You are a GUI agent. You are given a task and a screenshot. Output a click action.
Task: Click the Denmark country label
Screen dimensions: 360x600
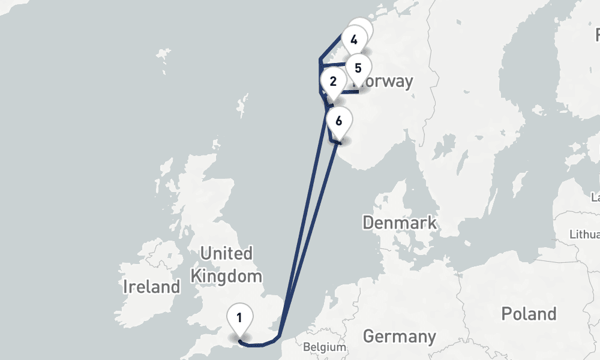point(400,223)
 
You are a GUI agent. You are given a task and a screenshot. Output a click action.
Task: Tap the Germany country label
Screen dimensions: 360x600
point(399,336)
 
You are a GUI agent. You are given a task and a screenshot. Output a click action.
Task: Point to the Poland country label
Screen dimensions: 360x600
point(529,313)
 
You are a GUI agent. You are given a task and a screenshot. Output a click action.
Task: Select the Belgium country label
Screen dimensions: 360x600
point(325,347)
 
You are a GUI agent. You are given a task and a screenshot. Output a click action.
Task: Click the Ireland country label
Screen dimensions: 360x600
point(151,287)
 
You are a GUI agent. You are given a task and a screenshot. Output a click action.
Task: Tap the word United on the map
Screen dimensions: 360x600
point(226,254)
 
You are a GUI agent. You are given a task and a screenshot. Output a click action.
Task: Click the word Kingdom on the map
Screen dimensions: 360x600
point(226,277)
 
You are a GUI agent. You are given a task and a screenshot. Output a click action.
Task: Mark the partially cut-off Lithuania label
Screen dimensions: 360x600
point(586,234)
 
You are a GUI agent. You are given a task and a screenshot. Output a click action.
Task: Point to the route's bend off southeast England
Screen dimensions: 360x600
point(277,337)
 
